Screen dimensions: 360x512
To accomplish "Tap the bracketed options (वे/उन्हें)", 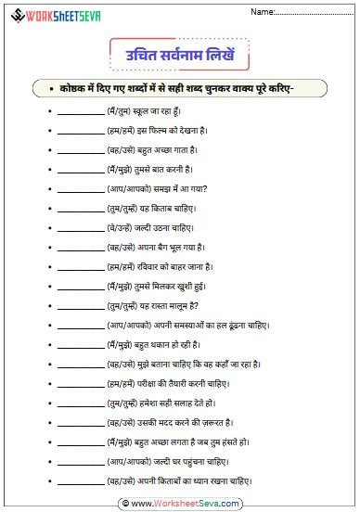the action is click(x=122, y=226).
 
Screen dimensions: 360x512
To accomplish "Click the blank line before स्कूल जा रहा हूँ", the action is click(x=80, y=112).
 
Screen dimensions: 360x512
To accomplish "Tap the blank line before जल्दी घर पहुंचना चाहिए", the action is click(x=80, y=462).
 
